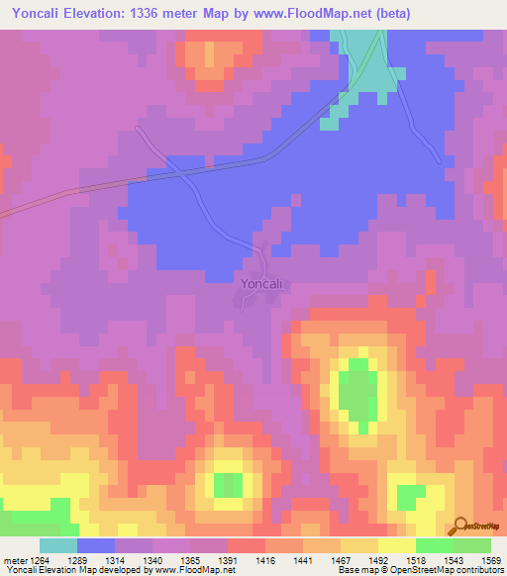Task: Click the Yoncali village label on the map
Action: (x=262, y=284)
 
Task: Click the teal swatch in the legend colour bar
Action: (x=58, y=545)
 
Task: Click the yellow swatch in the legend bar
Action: (x=397, y=545)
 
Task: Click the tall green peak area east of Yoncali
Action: (x=356, y=391)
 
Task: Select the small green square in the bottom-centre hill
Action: (x=228, y=485)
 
